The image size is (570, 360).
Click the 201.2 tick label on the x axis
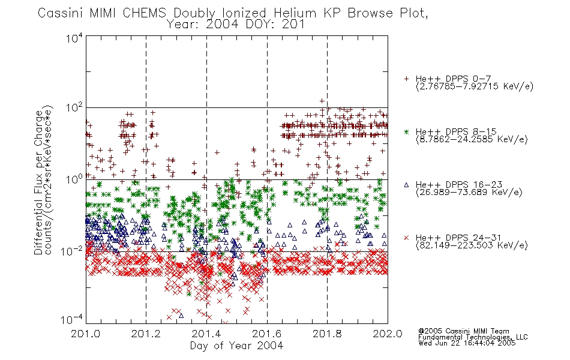click(146, 334)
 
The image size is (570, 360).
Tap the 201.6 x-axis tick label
click(267, 334)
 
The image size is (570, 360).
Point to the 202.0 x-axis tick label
click(388, 334)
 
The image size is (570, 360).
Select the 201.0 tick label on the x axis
click(86, 334)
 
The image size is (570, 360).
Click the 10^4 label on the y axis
click(74, 38)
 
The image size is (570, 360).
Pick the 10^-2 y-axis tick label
click(72, 251)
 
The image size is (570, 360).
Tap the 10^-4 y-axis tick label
click(72, 319)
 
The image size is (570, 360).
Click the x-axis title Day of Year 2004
click(236, 346)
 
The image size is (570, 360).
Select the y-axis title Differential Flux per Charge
click(38, 182)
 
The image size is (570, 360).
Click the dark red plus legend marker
click(406, 79)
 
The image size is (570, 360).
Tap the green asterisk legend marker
click(406, 131)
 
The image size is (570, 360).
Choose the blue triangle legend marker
click(406, 185)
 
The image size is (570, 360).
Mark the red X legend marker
click(406, 238)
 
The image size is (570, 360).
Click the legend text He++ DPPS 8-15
click(456, 131)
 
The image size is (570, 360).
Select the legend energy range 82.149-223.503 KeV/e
click(472, 245)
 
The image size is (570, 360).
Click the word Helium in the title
click(295, 13)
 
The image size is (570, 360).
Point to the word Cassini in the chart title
click(61, 13)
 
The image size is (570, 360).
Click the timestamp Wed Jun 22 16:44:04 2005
click(467, 343)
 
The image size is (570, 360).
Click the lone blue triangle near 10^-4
click(181, 316)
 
